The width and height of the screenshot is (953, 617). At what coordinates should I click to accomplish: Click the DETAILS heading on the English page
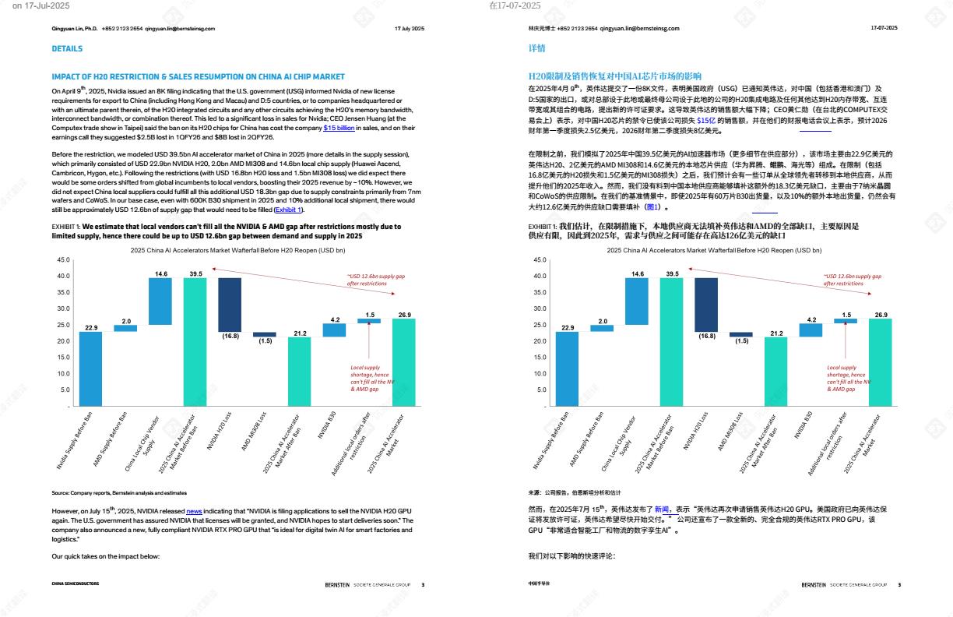(67, 48)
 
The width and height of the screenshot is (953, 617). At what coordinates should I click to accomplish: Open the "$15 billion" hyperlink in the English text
(339, 127)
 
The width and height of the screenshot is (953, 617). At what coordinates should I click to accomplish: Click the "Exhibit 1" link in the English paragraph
(289, 210)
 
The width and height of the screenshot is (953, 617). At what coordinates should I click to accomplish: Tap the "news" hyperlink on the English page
(194, 511)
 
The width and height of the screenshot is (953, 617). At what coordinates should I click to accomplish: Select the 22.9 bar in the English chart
(91, 368)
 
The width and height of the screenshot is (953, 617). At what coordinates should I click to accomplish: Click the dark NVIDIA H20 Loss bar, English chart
(230, 305)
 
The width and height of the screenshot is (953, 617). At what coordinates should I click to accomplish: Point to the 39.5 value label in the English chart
(195, 273)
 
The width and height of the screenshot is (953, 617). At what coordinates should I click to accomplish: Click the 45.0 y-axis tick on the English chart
(63, 259)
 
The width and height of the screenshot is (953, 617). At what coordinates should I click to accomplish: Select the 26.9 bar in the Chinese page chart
(881, 362)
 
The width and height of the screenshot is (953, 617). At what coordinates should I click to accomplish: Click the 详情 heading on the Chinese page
(536, 48)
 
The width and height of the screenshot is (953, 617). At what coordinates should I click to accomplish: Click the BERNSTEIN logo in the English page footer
(338, 584)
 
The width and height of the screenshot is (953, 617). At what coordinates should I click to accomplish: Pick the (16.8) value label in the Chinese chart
(706, 336)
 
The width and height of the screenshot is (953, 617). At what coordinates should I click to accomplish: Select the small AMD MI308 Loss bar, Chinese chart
(740, 334)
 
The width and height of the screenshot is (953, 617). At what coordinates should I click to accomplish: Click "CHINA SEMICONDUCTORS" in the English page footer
(76, 584)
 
